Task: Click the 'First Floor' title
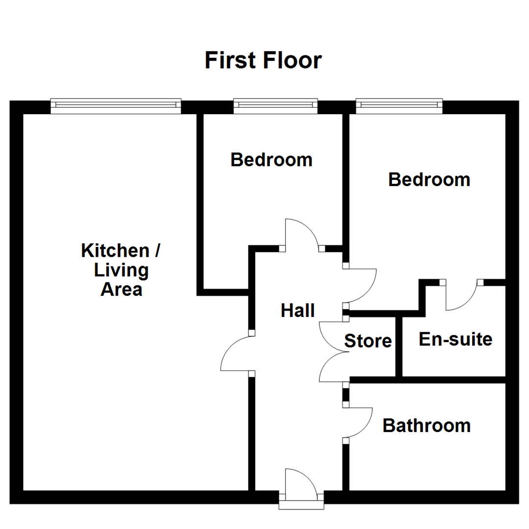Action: click(x=263, y=61)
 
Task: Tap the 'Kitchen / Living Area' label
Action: click(x=121, y=269)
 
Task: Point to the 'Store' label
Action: click(x=368, y=340)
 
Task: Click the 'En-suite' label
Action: click(x=455, y=338)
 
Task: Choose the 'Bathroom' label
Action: click(x=426, y=425)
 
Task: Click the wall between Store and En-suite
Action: click(x=399, y=346)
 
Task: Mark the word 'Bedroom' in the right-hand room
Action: click(x=429, y=180)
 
